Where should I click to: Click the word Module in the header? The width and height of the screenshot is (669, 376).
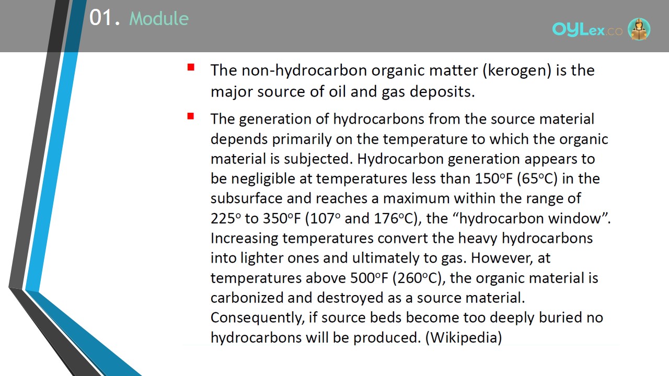[159, 18]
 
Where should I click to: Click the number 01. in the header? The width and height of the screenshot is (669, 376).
[105, 17]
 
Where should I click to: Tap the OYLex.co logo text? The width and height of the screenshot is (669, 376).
[587, 30]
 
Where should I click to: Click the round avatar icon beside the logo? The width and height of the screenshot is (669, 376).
[639, 29]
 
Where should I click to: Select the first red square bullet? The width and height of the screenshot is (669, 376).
[191, 67]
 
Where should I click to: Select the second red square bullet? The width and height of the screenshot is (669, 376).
[191, 116]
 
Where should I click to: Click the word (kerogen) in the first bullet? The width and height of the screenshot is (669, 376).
[517, 70]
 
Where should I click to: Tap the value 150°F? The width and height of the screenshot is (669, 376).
[494, 179]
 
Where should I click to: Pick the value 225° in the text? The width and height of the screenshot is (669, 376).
[225, 218]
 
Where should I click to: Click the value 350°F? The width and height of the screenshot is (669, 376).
[282, 218]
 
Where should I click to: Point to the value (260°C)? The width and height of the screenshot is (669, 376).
[417, 278]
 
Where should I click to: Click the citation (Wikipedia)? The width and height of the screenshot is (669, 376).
[464, 337]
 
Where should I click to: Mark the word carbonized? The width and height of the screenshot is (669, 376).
[247, 298]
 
